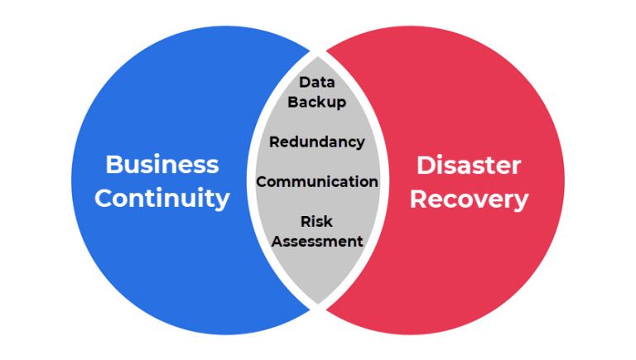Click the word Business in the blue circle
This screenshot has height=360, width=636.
pos(162,164)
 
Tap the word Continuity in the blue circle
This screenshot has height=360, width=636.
pos(162,199)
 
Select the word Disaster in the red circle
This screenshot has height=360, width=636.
pos(468,165)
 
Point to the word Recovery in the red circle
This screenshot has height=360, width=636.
pos(469,199)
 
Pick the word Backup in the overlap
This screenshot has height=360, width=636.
pos(316,103)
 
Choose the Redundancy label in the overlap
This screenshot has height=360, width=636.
pos(316,142)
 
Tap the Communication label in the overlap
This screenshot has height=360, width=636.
pos(316,181)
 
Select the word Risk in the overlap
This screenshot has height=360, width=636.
pos(316,222)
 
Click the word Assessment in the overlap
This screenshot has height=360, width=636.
pos(317,242)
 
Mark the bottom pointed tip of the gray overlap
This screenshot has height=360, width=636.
pos(317,305)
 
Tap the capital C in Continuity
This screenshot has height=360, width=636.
pos(104,199)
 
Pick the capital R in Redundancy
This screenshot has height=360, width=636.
pos(274,142)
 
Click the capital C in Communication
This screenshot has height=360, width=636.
pos(261,181)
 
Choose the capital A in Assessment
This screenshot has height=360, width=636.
pos(277,242)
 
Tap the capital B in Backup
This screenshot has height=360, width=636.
pos(291,103)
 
